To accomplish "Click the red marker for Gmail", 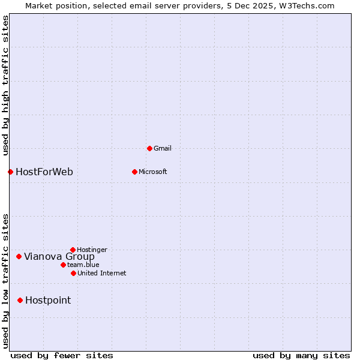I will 149,148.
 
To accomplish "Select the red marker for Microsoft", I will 134,172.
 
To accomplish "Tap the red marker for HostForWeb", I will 10,172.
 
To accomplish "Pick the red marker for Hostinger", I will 73,250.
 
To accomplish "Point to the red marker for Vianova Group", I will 19,257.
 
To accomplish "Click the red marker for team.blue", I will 63,265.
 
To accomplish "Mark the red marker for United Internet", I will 73,273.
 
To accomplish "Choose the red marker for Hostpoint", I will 20,300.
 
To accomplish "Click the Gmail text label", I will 163,148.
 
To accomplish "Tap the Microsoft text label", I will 152,172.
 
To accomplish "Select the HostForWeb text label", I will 44,172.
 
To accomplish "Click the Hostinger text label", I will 92,250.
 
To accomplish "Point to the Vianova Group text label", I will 59,257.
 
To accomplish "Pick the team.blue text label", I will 83,265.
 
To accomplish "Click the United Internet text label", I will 101,273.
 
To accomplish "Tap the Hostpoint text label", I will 48,301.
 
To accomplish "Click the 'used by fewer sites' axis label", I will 62,355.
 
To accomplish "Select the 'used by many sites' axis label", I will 301,355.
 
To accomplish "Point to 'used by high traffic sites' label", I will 5,86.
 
